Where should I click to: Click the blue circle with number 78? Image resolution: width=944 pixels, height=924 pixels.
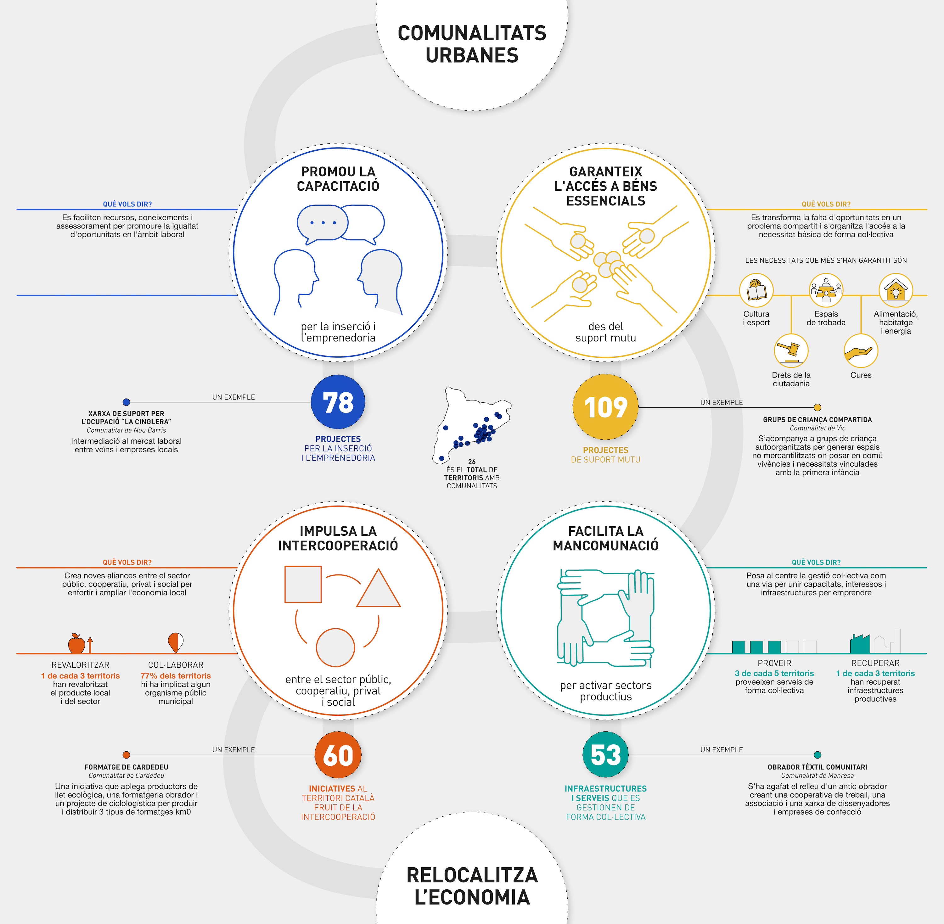coord(338,402)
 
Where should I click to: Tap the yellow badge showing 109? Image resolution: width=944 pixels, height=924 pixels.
coord(606,407)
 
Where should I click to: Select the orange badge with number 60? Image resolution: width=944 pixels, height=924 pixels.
coord(338,755)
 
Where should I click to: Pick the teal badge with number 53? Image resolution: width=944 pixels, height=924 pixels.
coord(606,755)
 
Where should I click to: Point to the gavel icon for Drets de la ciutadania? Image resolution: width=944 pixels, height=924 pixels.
coord(791,350)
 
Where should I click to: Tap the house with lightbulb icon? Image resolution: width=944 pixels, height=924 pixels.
coord(896,290)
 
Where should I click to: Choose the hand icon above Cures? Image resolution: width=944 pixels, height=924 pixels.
coord(861,350)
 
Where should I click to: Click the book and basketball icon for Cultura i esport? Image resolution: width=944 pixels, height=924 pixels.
coord(756,290)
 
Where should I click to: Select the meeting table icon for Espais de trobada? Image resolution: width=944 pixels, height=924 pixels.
coord(826,290)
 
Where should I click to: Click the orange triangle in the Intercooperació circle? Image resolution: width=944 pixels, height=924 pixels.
coord(379,588)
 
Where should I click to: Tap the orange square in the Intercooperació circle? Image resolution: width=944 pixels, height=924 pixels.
coord(303,584)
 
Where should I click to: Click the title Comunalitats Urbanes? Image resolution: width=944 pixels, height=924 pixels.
coord(472,44)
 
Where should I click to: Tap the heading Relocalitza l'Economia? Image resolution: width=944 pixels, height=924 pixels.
coord(472,886)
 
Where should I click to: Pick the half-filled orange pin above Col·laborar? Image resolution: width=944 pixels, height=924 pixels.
coord(175,642)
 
